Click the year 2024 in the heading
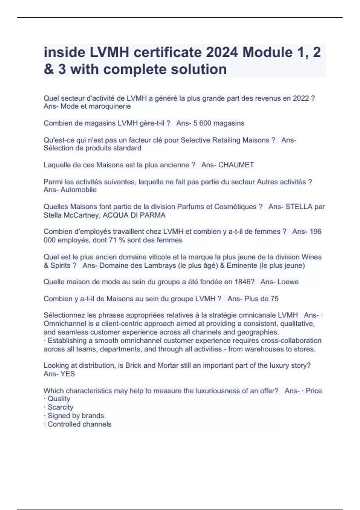(222, 52)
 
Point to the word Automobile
(79, 190)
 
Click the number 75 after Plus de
(274, 299)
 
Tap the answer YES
(68, 374)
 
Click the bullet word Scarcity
(60, 407)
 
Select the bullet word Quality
(59, 399)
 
